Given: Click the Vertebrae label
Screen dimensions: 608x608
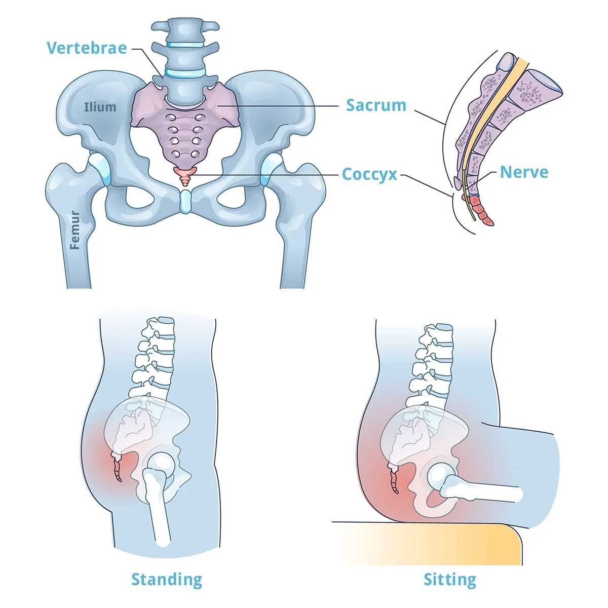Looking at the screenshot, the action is point(87,48).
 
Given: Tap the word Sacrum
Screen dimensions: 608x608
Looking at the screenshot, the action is point(376,105).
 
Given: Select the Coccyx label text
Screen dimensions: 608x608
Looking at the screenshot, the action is point(369,174).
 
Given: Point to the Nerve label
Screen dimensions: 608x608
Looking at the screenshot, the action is point(524,172).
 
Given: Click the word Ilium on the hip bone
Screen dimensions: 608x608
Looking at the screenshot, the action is point(100,107).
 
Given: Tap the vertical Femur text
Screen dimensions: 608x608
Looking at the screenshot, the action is point(75,230).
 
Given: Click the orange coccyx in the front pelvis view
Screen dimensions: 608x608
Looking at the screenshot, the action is point(185,176).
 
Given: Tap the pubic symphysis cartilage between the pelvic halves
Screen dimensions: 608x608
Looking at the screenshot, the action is point(185,201).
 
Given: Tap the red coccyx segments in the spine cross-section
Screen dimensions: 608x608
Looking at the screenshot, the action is point(480,210).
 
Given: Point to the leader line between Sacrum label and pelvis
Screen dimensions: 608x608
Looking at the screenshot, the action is point(278,106).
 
